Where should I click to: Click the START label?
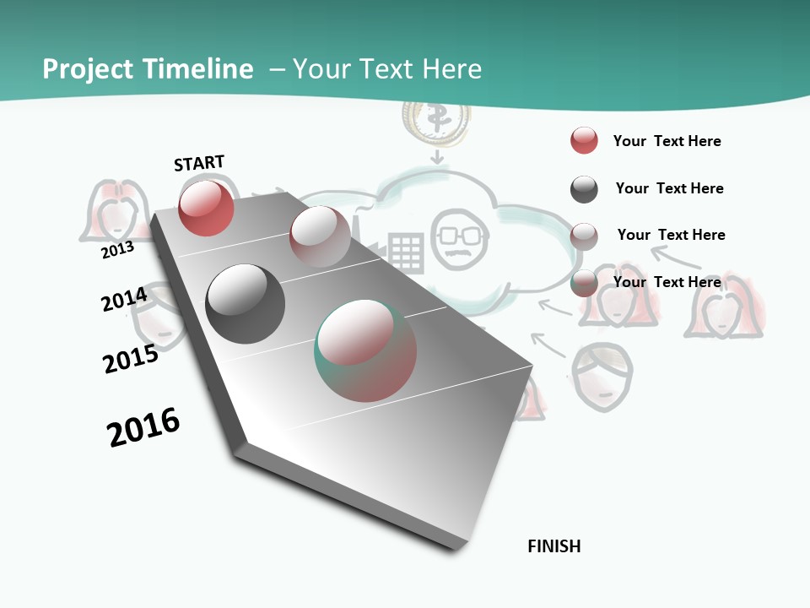coord(199,163)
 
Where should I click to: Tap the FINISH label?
coord(554,546)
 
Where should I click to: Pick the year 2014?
coord(124,300)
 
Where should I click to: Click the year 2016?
coord(143,427)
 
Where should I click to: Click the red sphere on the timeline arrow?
coord(206,208)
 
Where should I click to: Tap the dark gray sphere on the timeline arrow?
coord(245,304)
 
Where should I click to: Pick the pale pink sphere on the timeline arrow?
coord(320,236)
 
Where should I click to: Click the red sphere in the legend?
coord(584,140)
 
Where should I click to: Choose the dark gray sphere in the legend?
coord(584,189)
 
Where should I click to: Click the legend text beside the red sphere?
coord(667,141)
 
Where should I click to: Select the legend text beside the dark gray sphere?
coord(669,188)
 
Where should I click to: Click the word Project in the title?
coord(88,69)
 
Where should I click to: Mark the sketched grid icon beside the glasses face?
coord(406,252)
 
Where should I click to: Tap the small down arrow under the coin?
coord(436,157)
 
